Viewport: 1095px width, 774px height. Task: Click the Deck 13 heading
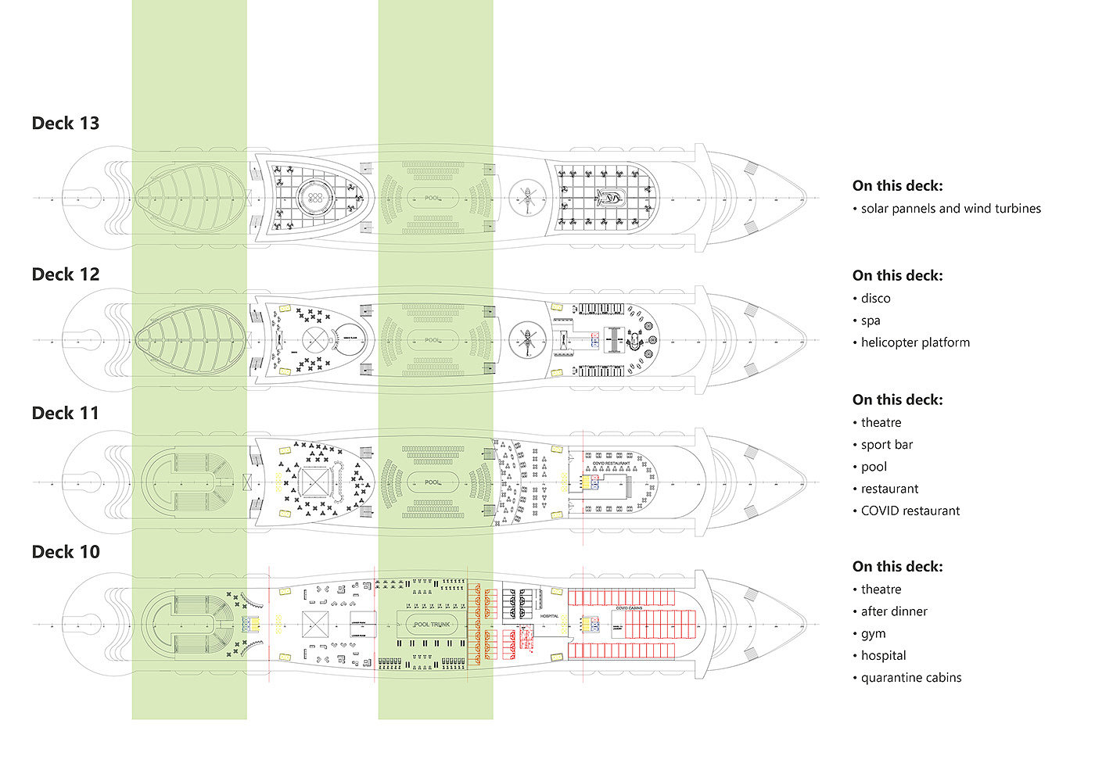click(66, 123)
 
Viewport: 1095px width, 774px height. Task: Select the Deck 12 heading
click(66, 274)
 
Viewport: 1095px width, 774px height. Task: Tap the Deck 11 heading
click(66, 413)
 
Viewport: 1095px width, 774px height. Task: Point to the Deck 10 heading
click(66, 552)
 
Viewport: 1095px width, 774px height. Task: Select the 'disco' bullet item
click(875, 299)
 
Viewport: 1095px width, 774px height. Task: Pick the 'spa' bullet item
click(871, 321)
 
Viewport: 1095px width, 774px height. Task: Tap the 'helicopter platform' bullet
click(915, 342)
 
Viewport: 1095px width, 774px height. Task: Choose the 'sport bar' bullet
click(887, 445)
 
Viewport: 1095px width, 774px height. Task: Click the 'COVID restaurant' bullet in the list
click(910, 511)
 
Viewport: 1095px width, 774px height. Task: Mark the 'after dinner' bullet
click(894, 611)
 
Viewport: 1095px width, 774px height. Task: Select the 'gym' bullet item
click(873, 633)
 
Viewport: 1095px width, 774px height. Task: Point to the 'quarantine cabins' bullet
click(911, 678)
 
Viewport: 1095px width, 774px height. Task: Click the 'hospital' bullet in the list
click(883, 655)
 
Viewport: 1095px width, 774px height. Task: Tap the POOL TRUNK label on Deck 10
click(432, 625)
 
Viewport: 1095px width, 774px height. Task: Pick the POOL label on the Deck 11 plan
click(433, 482)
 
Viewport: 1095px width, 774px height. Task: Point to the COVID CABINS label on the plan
click(629, 608)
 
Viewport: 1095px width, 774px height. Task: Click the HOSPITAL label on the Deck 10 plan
click(549, 616)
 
